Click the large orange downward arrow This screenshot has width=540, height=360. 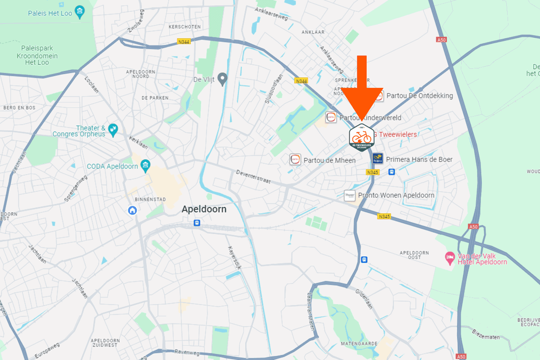tap(362, 90)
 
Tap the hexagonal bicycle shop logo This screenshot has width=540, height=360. tap(362, 137)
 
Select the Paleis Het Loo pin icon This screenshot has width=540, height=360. tap(80, 12)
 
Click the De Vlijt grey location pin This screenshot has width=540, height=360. tap(222, 80)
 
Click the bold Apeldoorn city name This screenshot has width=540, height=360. tap(204, 209)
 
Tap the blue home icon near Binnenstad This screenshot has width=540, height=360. tap(132, 210)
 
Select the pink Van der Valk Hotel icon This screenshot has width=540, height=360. tap(449, 258)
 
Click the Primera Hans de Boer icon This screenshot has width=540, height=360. tap(378, 159)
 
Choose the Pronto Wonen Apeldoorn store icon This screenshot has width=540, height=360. tap(350, 195)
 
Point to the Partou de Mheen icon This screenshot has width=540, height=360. tap(295, 160)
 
